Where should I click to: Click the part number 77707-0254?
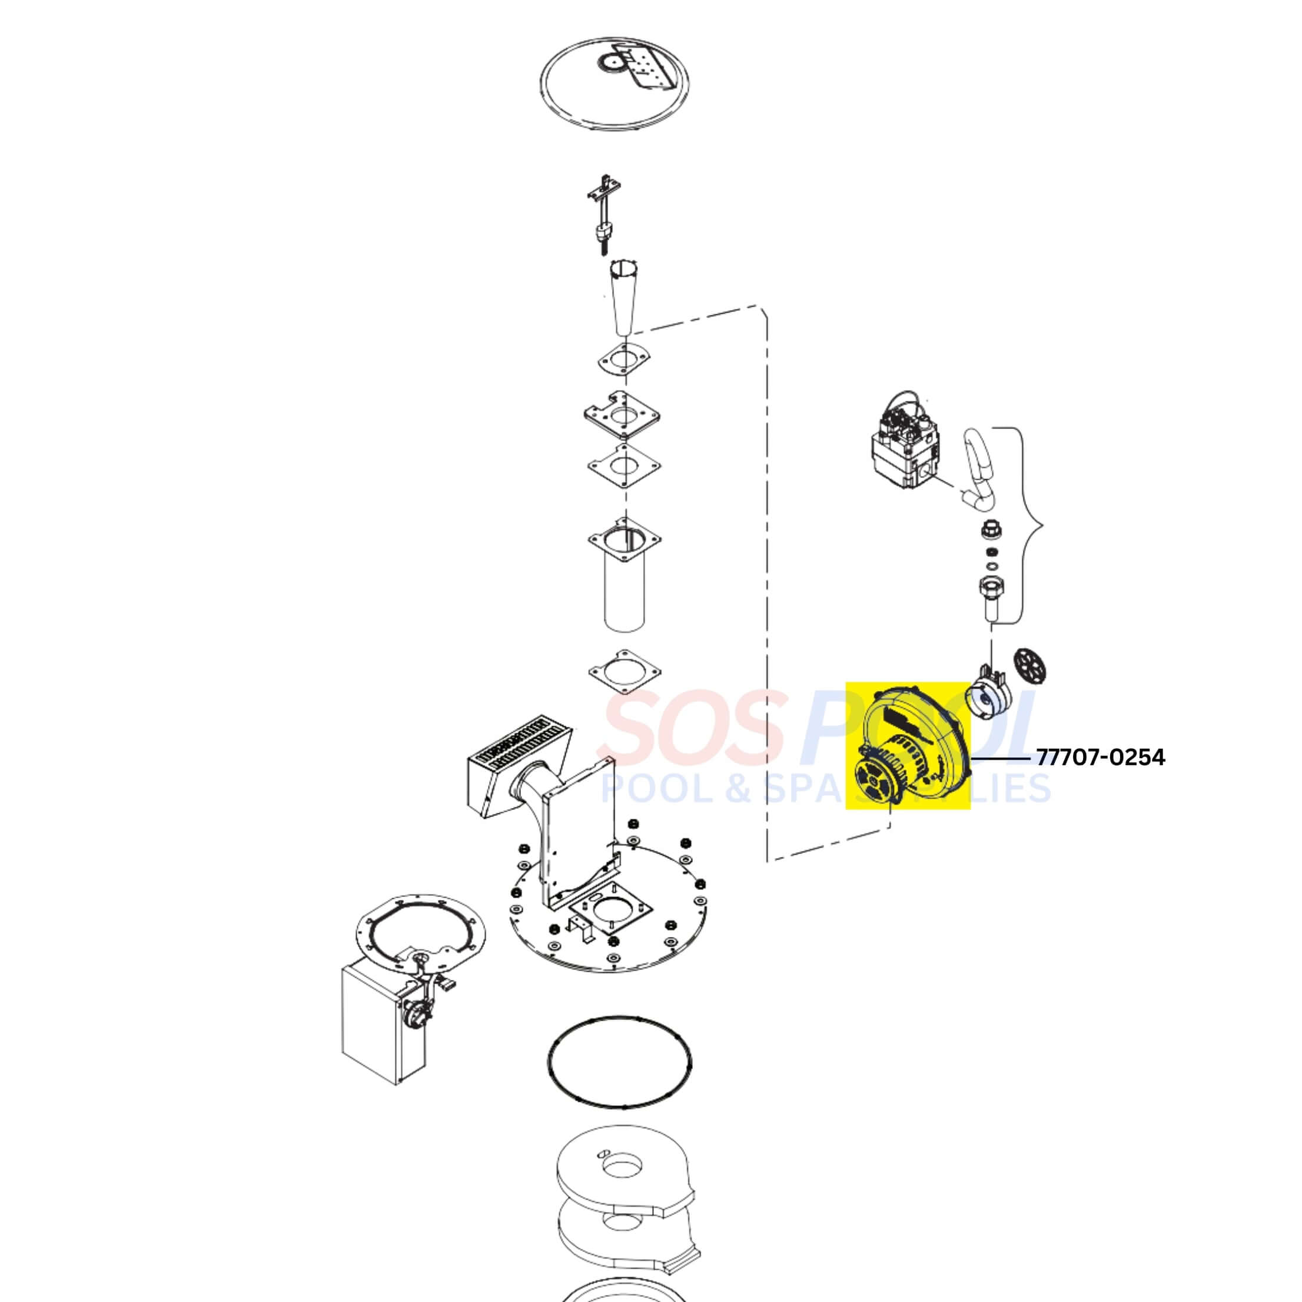pos(1100,758)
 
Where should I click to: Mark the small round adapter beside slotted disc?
pos(989,693)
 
